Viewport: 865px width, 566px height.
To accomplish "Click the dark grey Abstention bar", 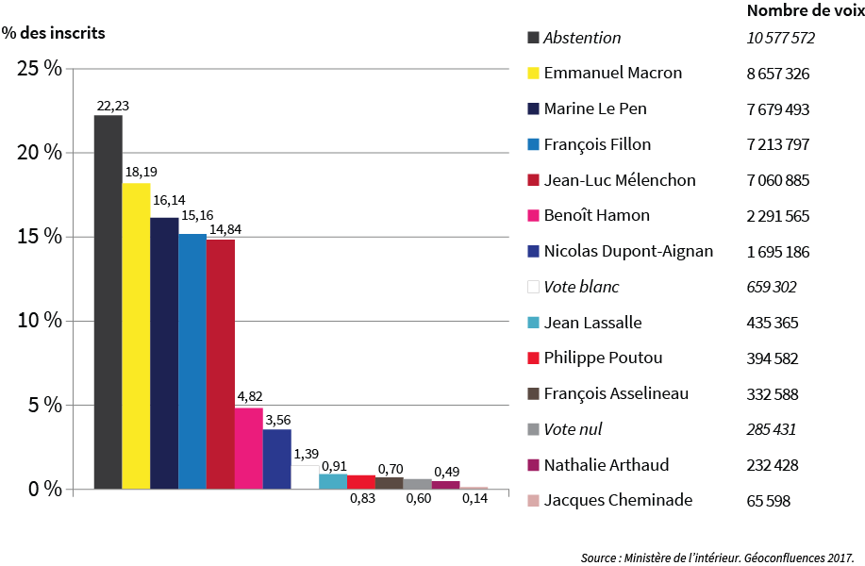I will [x=108, y=302].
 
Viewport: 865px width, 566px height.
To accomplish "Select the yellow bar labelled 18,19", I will [x=136, y=336].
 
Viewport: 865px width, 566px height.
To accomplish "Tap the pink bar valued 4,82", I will [x=248, y=448].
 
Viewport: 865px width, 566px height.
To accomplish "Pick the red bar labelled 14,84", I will [x=220, y=364].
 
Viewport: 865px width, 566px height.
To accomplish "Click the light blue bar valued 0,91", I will [x=333, y=481].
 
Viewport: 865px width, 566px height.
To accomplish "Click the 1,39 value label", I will [x=306, y=456].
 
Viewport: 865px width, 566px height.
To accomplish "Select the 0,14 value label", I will [x=474, y=499].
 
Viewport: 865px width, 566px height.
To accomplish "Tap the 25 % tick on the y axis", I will [x=39, y=69].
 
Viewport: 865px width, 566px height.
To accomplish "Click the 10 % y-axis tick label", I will [x=39, y=321].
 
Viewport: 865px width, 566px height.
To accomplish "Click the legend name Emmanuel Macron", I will [x=612, y=74].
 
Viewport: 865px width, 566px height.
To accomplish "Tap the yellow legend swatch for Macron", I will [x=533, y=74].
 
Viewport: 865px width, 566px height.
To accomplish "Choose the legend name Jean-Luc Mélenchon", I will [x=620, y=180].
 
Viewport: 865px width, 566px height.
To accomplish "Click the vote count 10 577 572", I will [x=779, y=39].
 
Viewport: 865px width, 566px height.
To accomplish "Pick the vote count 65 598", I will [x=768, y=501].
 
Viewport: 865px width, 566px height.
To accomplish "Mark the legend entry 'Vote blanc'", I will [x=581, y=287].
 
